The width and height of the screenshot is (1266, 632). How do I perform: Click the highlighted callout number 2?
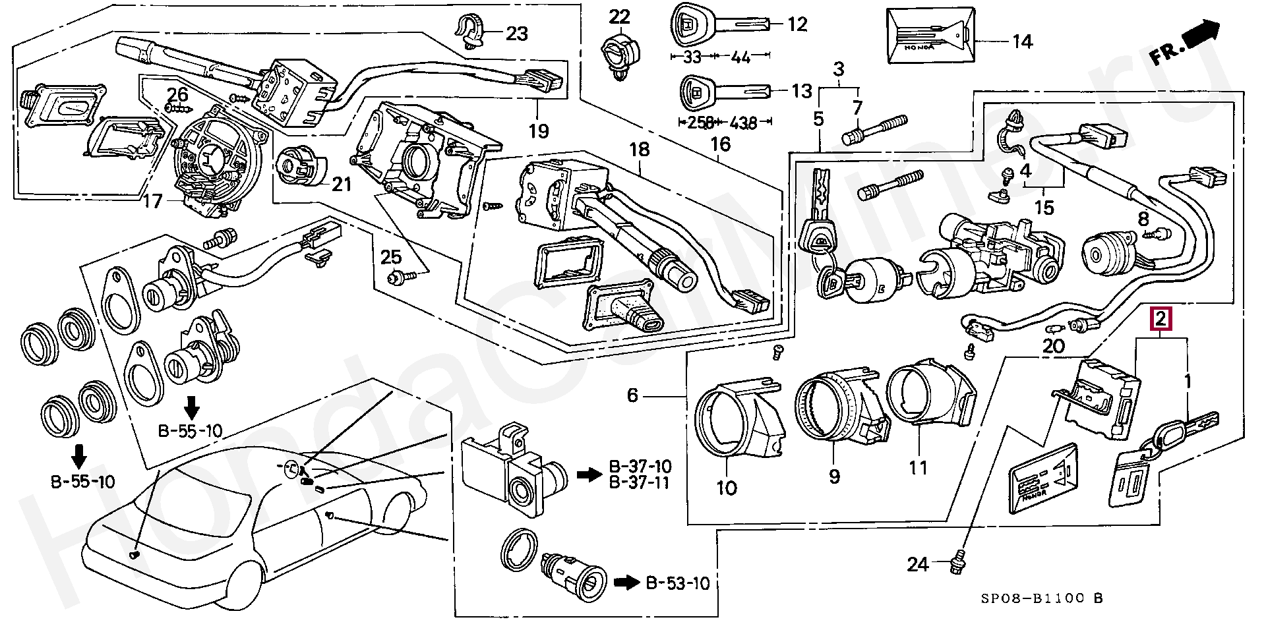(x=1161, y=320)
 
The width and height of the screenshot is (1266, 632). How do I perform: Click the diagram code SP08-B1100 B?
(x=1040, y=598)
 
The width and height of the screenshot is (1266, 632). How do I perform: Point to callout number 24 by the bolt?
(x=917, y=564)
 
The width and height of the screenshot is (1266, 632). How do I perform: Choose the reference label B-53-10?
(x=677, y=583)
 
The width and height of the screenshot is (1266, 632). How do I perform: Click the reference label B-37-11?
(x=639, y=483)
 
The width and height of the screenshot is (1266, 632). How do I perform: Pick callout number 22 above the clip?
(x=619, y=16)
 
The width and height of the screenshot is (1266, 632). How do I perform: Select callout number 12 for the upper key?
(x=797, y=25)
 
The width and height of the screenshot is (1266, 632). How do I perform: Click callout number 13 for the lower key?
(x=802, y=91)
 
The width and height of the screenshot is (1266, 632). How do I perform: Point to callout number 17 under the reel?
(x=152, y=200)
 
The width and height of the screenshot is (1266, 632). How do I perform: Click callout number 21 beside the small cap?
(x=342, y=185)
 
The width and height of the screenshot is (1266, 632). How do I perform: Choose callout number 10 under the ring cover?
(x=727, y=488)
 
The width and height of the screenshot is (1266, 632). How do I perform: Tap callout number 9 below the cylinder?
(x=834, y=476)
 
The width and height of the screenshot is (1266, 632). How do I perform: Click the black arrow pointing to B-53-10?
(x=626, y=583)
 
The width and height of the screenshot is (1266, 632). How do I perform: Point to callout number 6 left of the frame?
(x=632, y=395)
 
